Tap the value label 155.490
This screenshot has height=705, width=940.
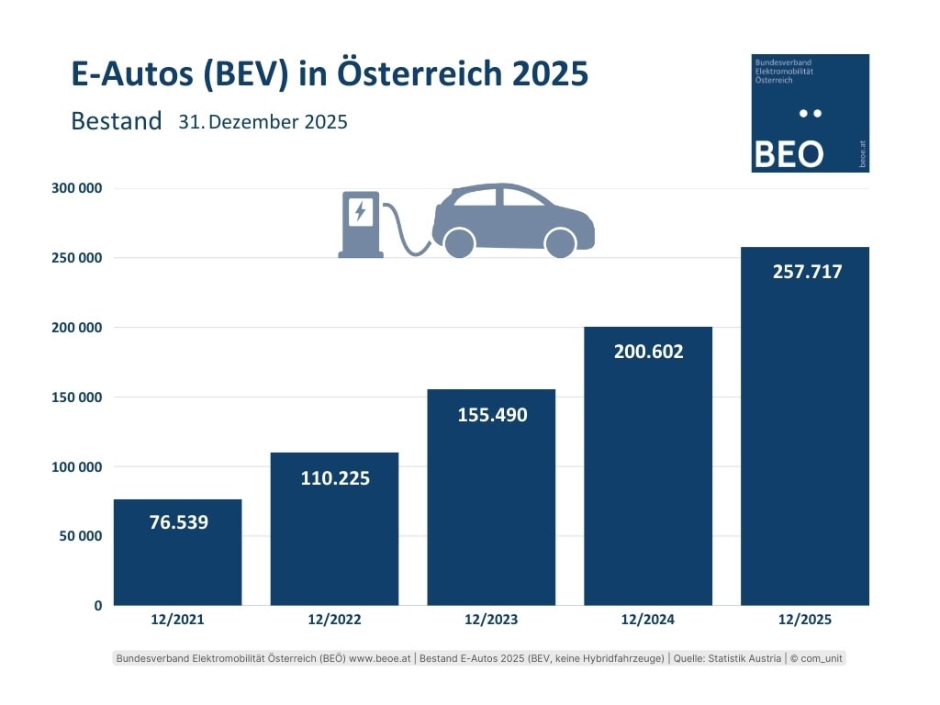[x=492, y=415]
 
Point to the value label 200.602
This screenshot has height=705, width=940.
[x=648, y=352]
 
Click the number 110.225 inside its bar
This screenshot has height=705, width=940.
[x=335, y=477]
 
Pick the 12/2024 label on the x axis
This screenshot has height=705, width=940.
[x=648, y=620]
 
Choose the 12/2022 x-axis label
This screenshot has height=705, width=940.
[x=334, y=620]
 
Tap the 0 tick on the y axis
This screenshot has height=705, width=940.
[x=96, y=606]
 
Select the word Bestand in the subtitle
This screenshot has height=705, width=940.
[x=116, y=121]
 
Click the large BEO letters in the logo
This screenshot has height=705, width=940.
[x=788, y=154]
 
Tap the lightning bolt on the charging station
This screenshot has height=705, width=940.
[x=361, y=212]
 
